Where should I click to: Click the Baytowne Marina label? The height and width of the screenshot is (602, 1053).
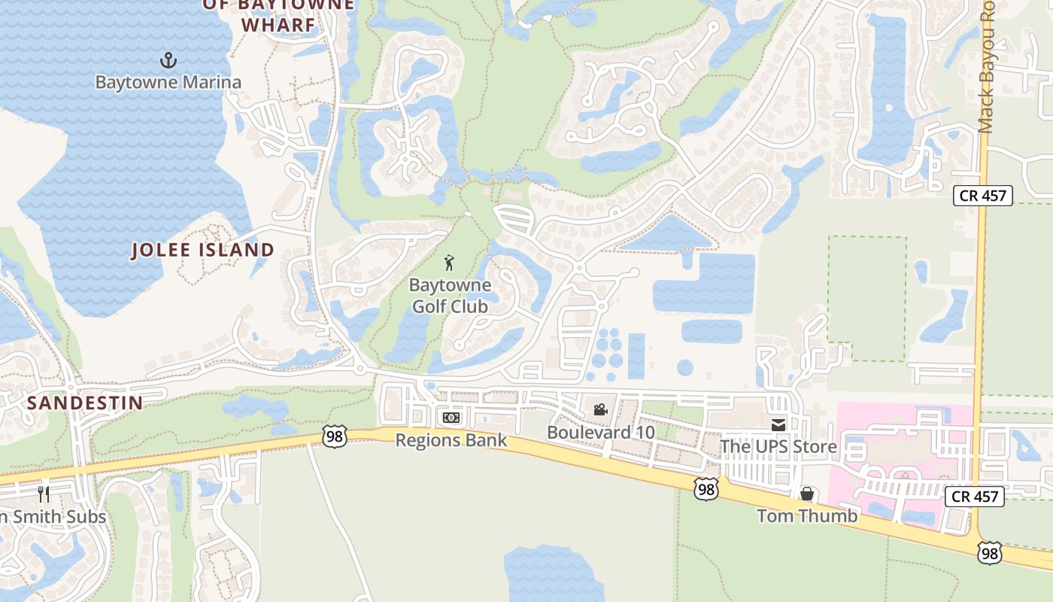tap(168, 82)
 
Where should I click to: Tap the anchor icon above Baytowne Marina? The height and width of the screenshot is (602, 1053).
tap(168, 60)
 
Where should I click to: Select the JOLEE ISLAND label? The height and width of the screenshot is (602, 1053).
tap(203, 250)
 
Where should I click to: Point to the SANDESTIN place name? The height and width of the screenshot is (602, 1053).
tap(85, 403)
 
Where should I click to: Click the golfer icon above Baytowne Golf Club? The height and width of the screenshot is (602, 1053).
tap(449, 263)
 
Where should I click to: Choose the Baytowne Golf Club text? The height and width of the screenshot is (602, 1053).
tap(450, 296)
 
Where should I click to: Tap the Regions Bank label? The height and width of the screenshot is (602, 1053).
tap(451, 440)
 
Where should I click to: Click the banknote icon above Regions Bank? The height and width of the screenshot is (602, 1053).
tap(451, 418)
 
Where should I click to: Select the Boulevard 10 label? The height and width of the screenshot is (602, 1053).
tap(600, 433)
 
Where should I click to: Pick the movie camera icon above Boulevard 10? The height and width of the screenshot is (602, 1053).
tap(600, 409)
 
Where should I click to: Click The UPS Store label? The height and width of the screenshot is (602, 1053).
tap(778, 446)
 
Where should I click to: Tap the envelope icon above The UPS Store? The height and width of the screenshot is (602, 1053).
tap(778, 424)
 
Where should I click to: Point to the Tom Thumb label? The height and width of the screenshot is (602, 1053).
tap(806, 515)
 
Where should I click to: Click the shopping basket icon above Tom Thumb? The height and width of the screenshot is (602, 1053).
tap(807, 494)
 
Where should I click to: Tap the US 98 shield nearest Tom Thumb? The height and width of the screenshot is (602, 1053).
tap(706, 489)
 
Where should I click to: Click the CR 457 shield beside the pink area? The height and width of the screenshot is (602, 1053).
tap(976, 496)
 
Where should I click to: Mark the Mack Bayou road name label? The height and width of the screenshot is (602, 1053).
tap(987, 68)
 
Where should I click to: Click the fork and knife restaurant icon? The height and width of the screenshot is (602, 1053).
tap(44, 494)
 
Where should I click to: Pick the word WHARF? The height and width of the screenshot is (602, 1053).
tap(278, 25)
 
